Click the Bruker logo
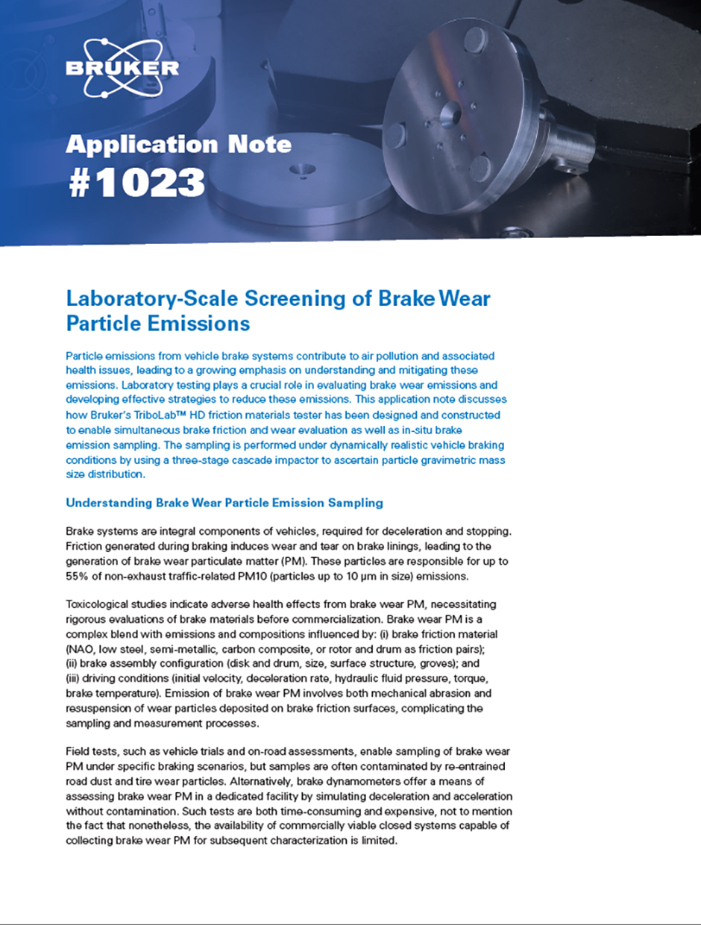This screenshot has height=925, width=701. [122, 69]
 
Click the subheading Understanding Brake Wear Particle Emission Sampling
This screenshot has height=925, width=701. [224, 503]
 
